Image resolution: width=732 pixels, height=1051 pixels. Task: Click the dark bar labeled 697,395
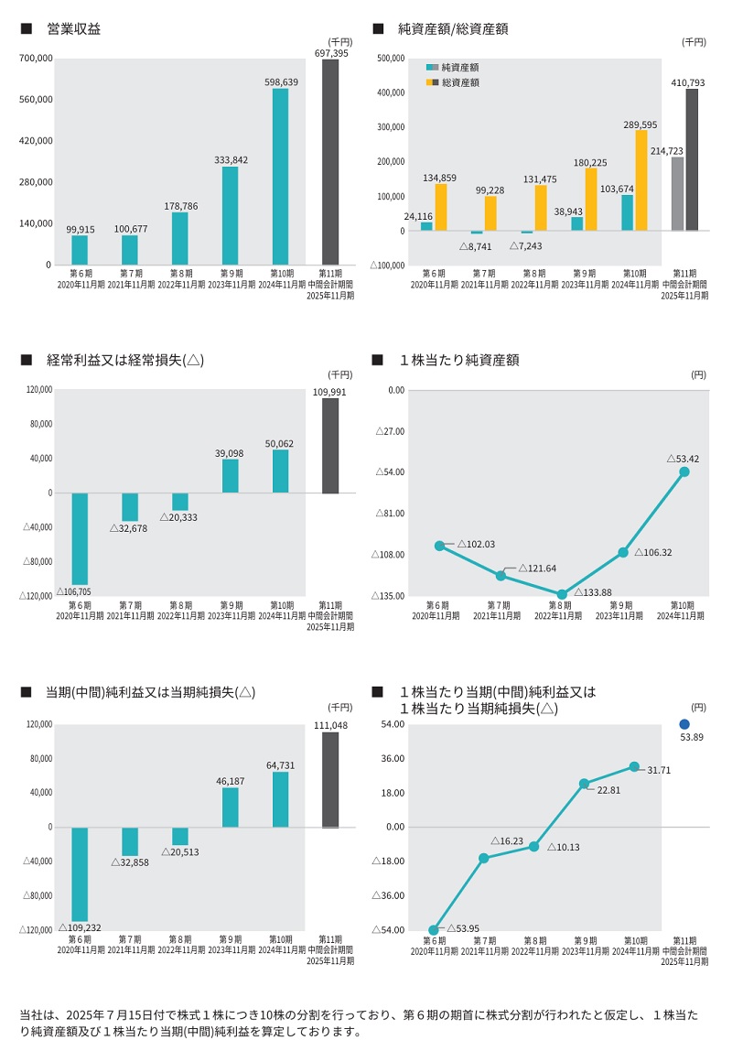click(x=330, y=162)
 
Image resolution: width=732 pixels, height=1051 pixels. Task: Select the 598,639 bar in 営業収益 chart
click(x=280, y=177)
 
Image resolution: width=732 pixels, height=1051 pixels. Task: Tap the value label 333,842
click(x=231, y=159)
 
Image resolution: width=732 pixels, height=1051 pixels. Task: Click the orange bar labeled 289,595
click(x=640, y=180)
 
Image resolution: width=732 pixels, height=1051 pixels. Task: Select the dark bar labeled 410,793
click(x=692, y=159)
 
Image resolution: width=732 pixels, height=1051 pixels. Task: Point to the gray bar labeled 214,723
click(x=677, y=194)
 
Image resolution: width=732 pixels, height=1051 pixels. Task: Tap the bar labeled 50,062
click(x=280, y=471)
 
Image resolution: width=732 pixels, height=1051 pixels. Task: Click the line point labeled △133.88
click(x=562, y=594)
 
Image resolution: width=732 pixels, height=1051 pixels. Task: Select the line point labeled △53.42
click(x=684, y=471)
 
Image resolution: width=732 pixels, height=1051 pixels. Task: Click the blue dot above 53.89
click(x=684, y=724)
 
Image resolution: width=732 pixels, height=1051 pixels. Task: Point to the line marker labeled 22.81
click(x=584, y=784)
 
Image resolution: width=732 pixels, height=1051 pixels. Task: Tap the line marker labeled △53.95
click(x=434, y=929)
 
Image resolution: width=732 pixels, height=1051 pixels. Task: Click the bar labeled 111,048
click(x=330, y=780)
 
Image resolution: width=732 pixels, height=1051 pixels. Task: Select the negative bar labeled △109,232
click(x=80, y=874)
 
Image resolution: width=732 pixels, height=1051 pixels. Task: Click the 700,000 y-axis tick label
click(x=37, y=59)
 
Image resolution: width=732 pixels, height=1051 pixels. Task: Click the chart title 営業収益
click(x=74, y=29)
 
